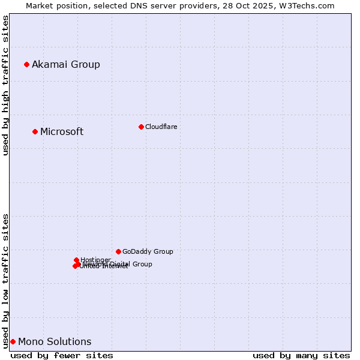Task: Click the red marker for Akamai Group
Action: pyautogui.click(x=26, y=64)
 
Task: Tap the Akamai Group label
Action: pyautogui.click(x=66, y=65)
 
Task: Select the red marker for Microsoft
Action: pyautogui.click(x=35, y=131)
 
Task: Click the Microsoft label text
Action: pyautogui.click(x=62, y=132)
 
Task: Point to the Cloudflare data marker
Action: pyautogui.click(x=141, y=127)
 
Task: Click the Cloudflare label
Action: pyautogui.click(x=161, y=127)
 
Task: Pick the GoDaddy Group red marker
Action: pyautogui.click(x=118, y=251)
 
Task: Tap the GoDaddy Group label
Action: pyautogui.click(x=148, y=252)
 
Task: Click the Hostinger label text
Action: pyautogui.click(x=95, y=260)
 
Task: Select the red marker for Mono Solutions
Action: pyautogui.click(x=13, y=341)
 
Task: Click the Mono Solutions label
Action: pyautogui.click(x=55, y=342)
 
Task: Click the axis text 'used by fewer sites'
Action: pyautogui.click(x=62, y=355)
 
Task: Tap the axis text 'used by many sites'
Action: pyautogui.click(x=301, y=355)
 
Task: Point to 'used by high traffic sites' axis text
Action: pyautogui.click(x=5, y=85)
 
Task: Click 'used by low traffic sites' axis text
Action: pyautogui.click(x=5, y=281)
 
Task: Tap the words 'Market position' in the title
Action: pyautogui.click(x=52, y=5)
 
